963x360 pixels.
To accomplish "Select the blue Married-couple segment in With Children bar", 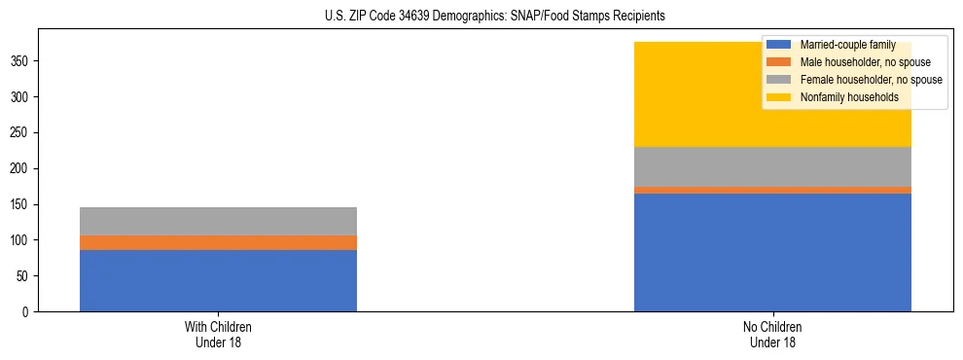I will tap(218, 280).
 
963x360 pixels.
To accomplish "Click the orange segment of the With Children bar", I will tap(218, 242).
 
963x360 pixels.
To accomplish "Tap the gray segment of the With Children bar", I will tap(218, 221).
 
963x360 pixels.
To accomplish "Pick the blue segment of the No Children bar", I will tap(772, 252).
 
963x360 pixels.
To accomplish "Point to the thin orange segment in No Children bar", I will tap(772, 190).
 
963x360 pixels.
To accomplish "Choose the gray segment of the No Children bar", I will tap(772, 166).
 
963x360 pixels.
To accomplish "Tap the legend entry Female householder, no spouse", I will tap(870, 80).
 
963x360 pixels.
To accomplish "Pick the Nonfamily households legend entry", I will tap(848, 97).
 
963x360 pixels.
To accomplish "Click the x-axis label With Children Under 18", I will tap(218, 334).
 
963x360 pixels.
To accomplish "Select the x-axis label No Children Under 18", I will tap(772, 334).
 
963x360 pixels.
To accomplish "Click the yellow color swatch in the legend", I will tap(779, 97).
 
